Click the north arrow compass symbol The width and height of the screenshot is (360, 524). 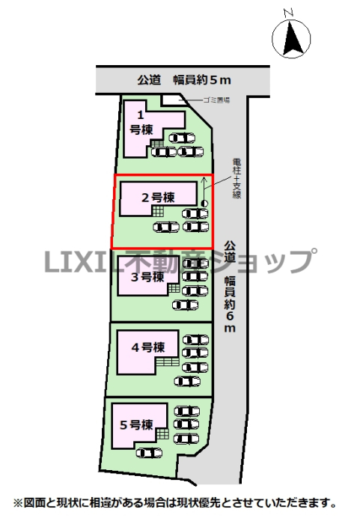point(291,37)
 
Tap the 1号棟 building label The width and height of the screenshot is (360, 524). point(141,123)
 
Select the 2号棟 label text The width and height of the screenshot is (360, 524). point(158,198)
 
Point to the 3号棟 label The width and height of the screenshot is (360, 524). point(147,277)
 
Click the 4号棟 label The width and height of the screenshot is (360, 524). point(148,347)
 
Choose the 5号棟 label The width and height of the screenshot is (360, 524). point(136,425)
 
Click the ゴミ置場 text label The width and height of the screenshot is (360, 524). point(216,100)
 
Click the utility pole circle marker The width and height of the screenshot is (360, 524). point(204,203)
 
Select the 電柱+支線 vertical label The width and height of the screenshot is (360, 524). point(237,178)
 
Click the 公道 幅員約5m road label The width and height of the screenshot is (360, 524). point(184,80)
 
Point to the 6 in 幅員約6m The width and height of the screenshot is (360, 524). point(230,316)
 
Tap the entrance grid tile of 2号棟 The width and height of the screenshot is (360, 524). point(158,211)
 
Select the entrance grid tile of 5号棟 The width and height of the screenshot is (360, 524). point(162,434)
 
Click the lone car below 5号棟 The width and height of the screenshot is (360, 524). point(149,453)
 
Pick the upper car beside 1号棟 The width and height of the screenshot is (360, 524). point(182,138)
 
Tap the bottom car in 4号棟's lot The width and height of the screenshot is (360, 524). point(188,381)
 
